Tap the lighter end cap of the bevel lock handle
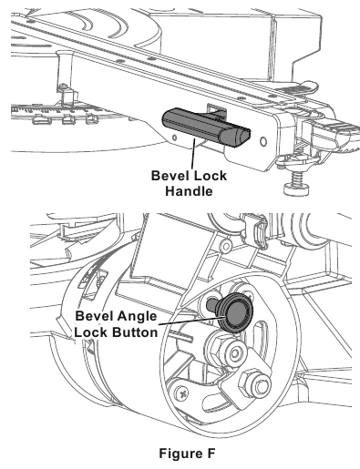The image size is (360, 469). [239, 137]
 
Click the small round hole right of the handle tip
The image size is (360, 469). [262, 141]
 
